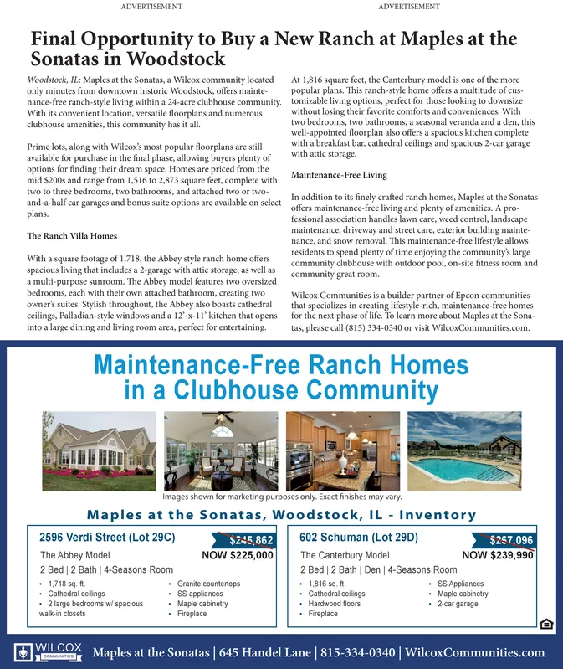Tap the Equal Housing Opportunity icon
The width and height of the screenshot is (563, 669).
pos(545,623)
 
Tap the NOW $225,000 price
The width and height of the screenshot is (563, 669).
pos(238,555)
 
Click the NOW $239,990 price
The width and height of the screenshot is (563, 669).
pos(498,555)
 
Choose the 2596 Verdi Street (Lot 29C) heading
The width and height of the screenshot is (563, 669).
pos(107,538)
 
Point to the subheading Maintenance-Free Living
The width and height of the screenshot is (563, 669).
pos(339,175)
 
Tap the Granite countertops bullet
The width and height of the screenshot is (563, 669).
pos(208,584)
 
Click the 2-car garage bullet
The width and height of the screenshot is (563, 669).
pos(458,604)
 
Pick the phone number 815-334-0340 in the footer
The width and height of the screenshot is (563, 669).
pos(360,653)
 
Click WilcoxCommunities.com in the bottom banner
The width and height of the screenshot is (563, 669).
pos(475,653)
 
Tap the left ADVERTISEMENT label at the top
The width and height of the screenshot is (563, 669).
pos(152,7)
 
